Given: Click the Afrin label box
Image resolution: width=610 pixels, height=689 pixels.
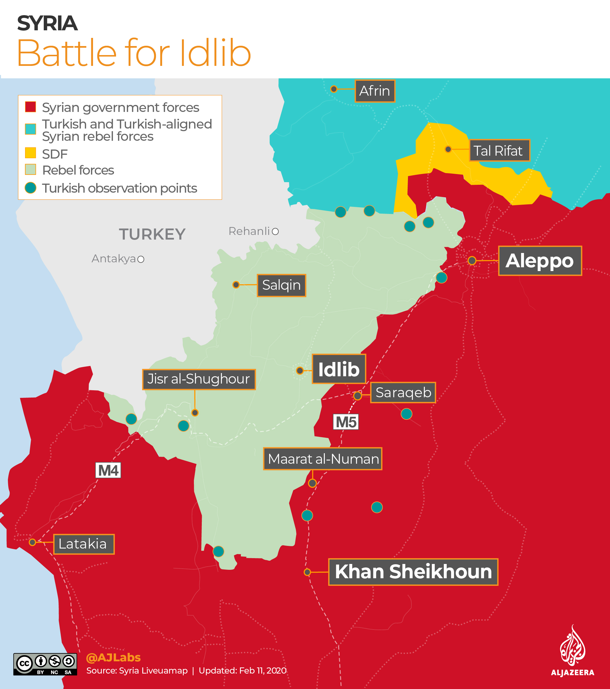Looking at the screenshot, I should tap(375, 91).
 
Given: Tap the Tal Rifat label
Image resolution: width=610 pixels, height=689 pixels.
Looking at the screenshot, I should tap(499, 151).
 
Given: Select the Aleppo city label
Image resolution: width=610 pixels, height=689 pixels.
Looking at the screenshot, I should tap(540, 261).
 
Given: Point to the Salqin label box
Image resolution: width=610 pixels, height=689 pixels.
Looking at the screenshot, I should tap(281, 285).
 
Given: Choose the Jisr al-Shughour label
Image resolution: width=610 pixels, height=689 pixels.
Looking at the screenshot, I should tap(199, 379).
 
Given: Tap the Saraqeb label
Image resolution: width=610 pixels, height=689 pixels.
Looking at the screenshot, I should tap(403, 393).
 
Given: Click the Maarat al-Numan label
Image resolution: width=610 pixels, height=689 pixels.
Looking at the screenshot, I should tap(323, 459).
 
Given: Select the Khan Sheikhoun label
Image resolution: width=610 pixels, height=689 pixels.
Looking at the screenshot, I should tap(413, 572).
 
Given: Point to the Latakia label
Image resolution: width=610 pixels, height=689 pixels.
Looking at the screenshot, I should tap(84, 544).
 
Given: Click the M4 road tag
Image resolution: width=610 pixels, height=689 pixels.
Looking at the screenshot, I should tap(108, 470).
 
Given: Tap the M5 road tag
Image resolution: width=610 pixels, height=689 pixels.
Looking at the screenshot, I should tap(346, 422).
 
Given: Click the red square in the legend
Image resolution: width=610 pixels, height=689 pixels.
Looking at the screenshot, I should tap(30, 107).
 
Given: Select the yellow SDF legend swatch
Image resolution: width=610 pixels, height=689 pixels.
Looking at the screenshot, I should tap(30, 153).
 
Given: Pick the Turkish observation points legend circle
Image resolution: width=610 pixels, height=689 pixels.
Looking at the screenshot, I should tap(30, 188).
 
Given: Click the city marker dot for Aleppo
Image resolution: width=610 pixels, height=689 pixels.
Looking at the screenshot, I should tap(472, 261).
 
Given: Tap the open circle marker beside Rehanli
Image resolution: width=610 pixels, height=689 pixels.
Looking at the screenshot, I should tap(275, 232).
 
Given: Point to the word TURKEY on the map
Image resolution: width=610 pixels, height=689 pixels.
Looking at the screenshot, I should tap(152, 234).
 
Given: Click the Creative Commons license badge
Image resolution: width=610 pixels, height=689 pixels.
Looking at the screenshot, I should tap(45, 664).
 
